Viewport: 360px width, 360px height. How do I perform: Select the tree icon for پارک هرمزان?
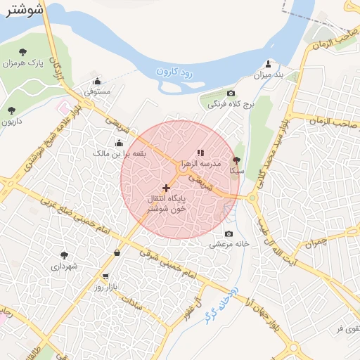click(22, 51)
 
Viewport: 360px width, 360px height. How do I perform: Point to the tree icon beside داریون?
click(11, 110)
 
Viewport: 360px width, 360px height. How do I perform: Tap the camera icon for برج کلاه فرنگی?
click(231, 94)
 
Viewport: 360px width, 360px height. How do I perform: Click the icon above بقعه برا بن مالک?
click(118, 143)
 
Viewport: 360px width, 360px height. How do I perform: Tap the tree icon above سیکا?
click(236, 160)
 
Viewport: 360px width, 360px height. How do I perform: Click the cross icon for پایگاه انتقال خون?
click(166, 188)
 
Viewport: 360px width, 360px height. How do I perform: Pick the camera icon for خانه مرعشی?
click(228, 234)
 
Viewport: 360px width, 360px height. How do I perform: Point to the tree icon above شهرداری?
click(64, 255)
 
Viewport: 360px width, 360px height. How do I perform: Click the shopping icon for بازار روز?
click(105, 276)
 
